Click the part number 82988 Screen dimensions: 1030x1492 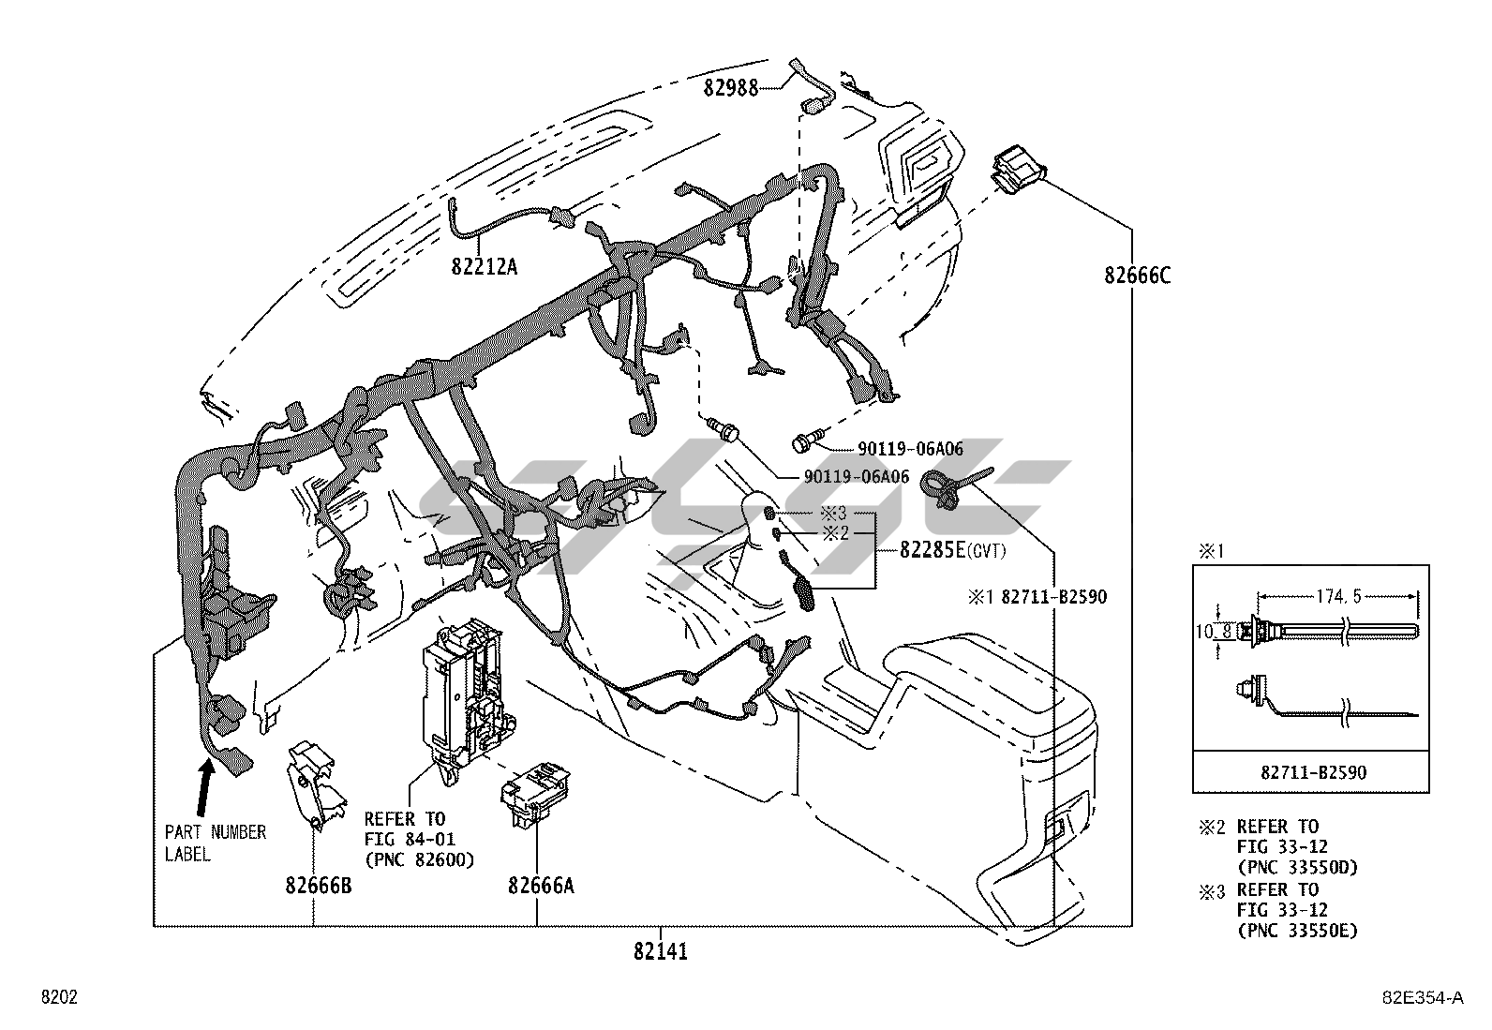pos(731,88)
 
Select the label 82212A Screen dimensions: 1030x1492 pos(484,267)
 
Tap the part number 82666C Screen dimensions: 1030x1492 pos(1137,276)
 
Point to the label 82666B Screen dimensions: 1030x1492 pos(319,885)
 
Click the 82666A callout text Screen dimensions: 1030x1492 pos(541,885)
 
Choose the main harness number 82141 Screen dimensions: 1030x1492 pos(660,952)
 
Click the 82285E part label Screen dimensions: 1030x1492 pos(932,551)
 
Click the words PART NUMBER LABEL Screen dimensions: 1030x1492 pos(215,843)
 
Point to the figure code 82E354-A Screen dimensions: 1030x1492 pos(1425,998)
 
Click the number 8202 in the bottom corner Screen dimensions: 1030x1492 pos(58,997)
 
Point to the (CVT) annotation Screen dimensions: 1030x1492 pos(986,552)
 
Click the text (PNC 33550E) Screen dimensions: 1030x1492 pos(1297,931)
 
